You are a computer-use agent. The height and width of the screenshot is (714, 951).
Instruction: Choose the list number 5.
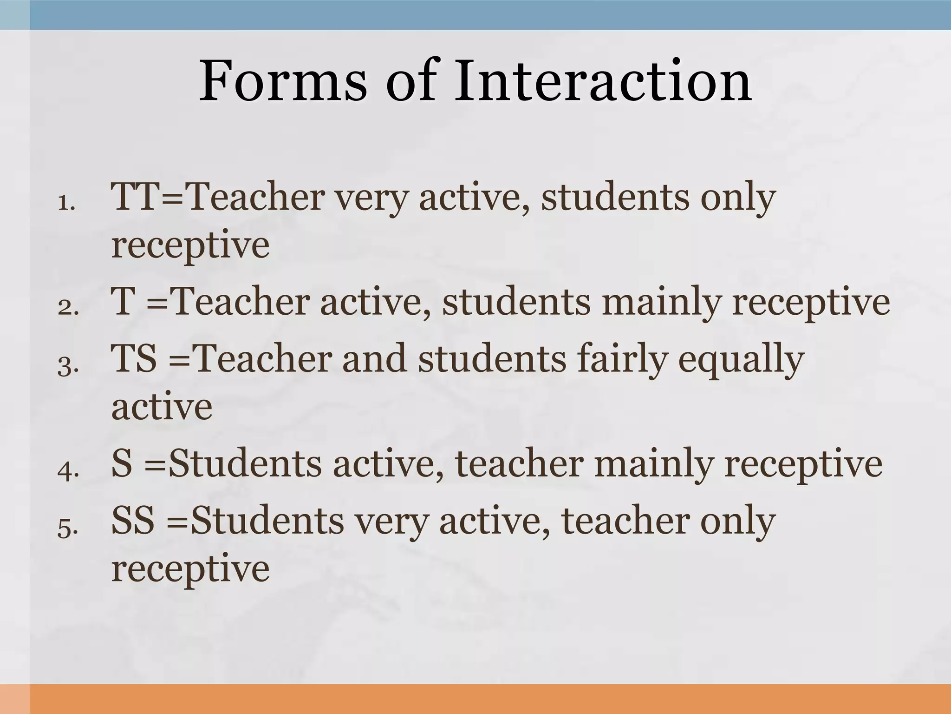(x=68, y=528)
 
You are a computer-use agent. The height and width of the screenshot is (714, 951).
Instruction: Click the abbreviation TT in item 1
(x=135, y=197)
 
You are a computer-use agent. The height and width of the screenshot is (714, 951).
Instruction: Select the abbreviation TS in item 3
(x=134, y=359)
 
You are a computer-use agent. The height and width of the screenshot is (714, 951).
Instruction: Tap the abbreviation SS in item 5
(x=133, y=521)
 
